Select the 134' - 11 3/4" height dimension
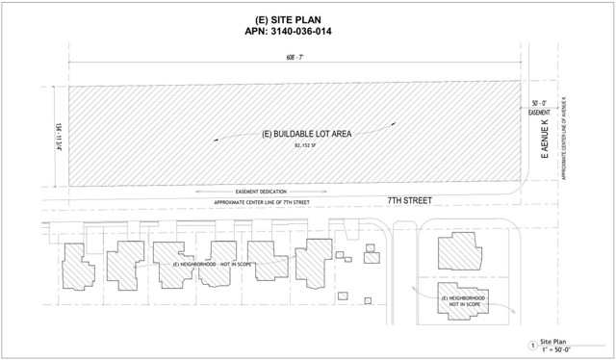[x=58, y=136]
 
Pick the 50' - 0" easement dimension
[x=539, y=102]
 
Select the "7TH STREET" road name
[x=403, y=200]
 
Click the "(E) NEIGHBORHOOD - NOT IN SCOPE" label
[x=208, y=264]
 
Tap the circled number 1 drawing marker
[x=531, y=346]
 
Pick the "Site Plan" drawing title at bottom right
[x=557, y=341]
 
